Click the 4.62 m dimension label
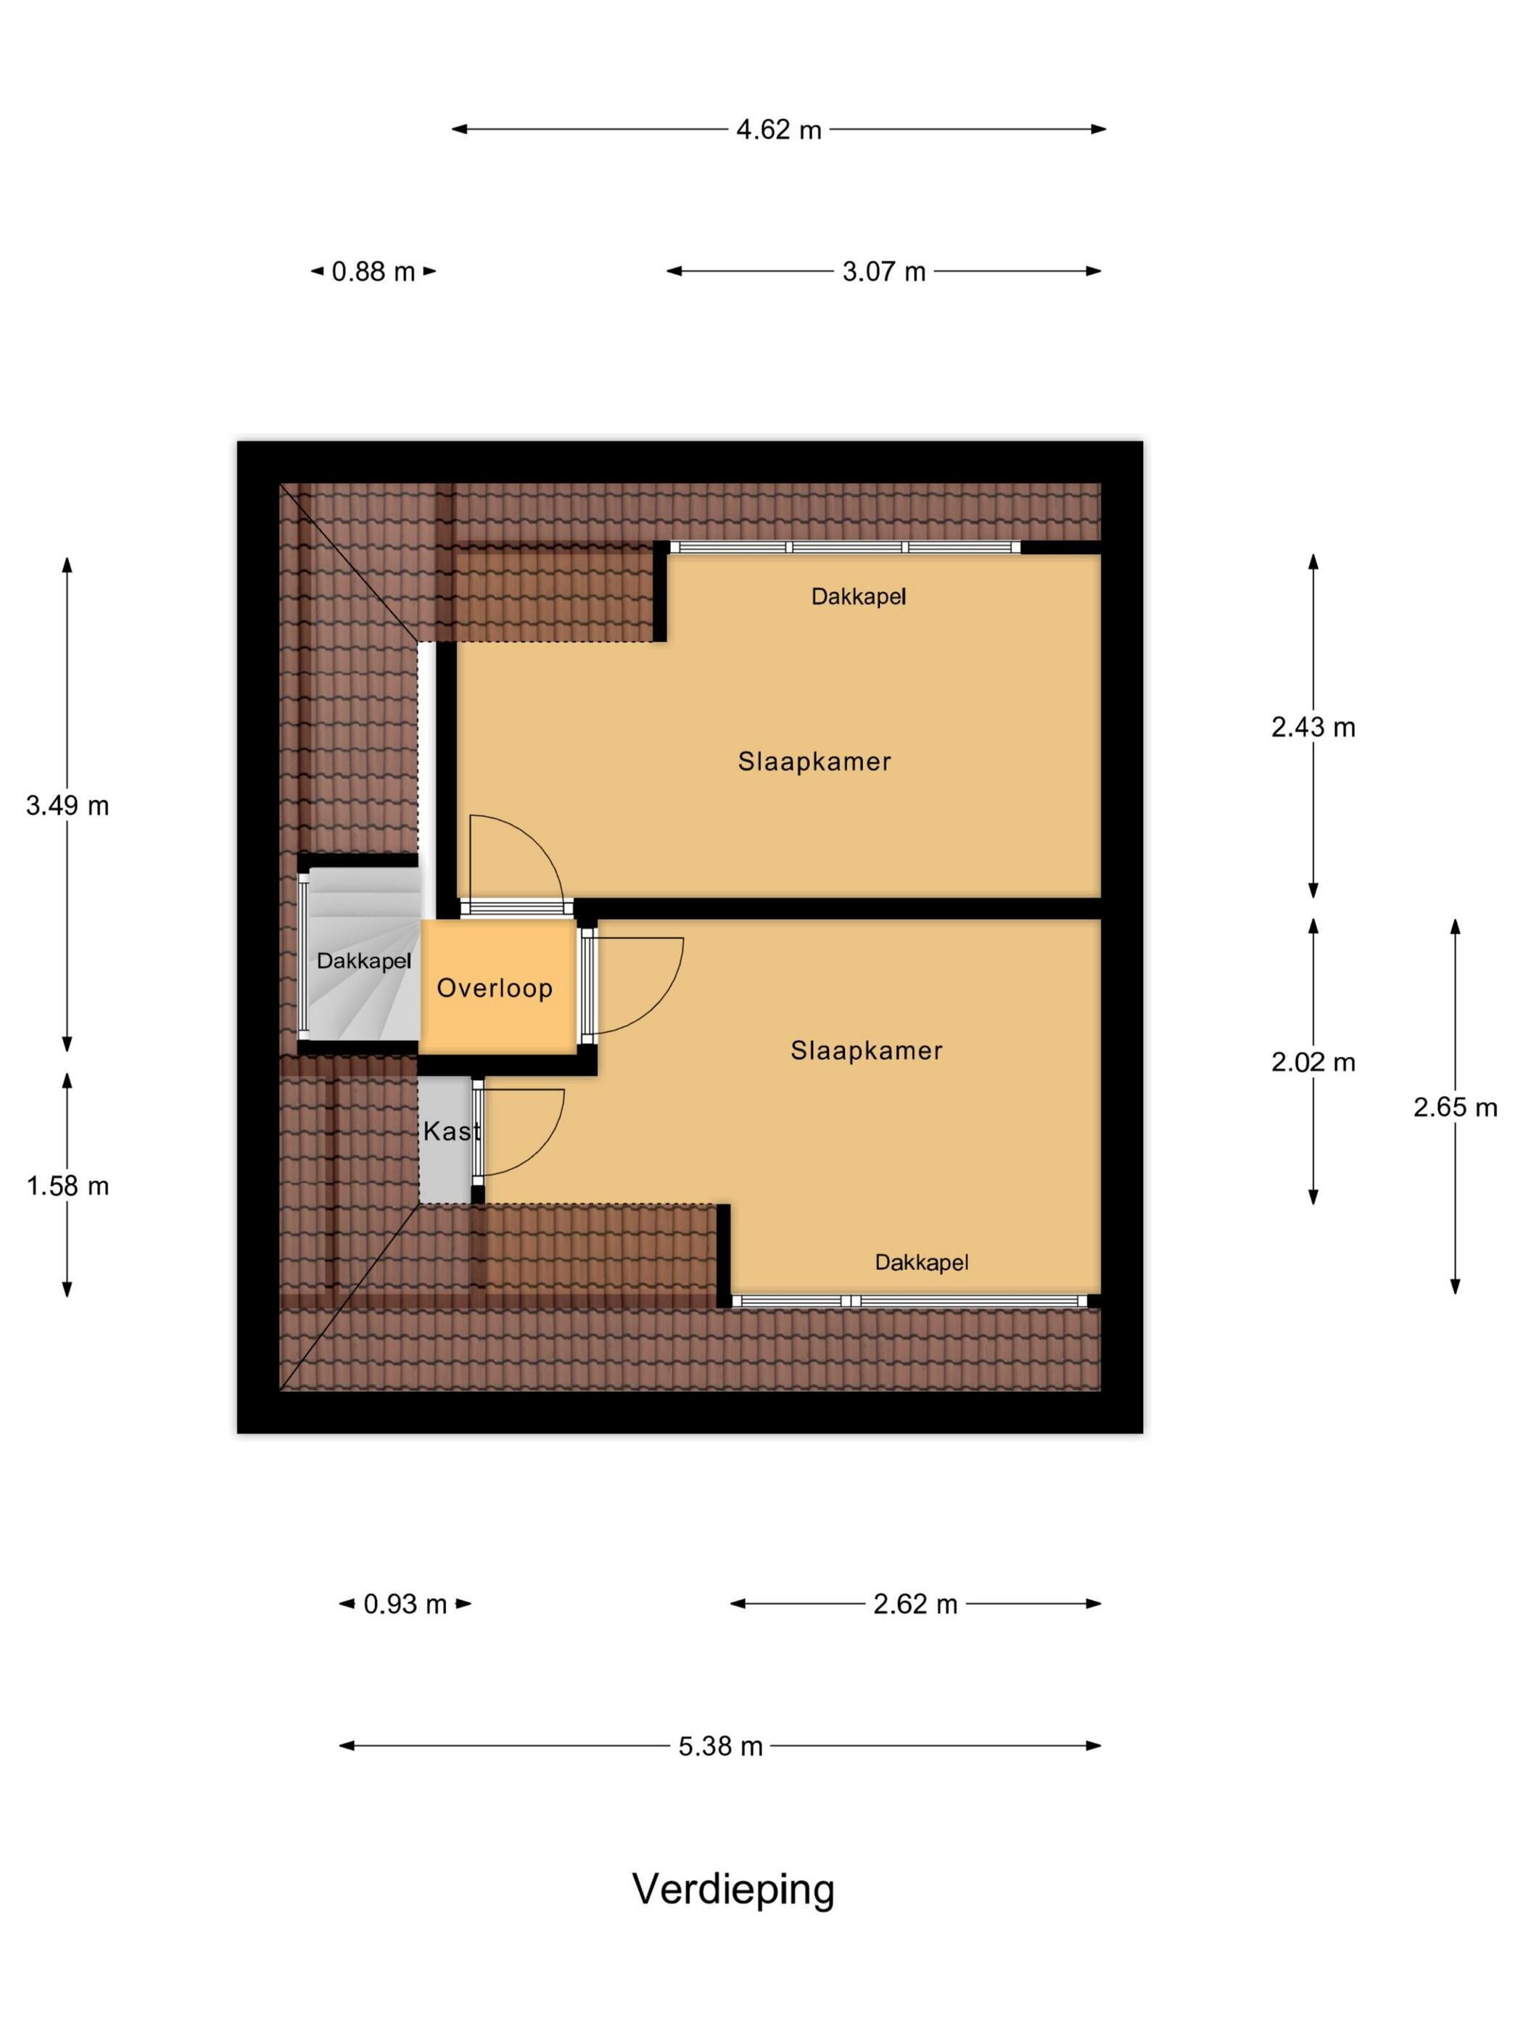point(777,129)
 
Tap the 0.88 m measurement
point(373,272)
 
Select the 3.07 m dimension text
point(883,272)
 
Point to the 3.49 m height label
point(67,805)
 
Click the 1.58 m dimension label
point(67,1185)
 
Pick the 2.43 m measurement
point(1313,728)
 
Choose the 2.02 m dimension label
point(1313,1063)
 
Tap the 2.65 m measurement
point(1455,1108)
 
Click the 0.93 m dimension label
point(405,1604)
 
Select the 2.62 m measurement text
point(915,1604)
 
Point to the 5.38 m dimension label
point(721,1747)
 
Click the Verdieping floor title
point(733,1890)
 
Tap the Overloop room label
point(494,988)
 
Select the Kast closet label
point(452,1131)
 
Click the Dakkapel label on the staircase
point(363,961)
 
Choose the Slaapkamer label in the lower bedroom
point(867,1050)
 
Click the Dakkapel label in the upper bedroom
point(859,597)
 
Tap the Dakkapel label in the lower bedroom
point(922,1263)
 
